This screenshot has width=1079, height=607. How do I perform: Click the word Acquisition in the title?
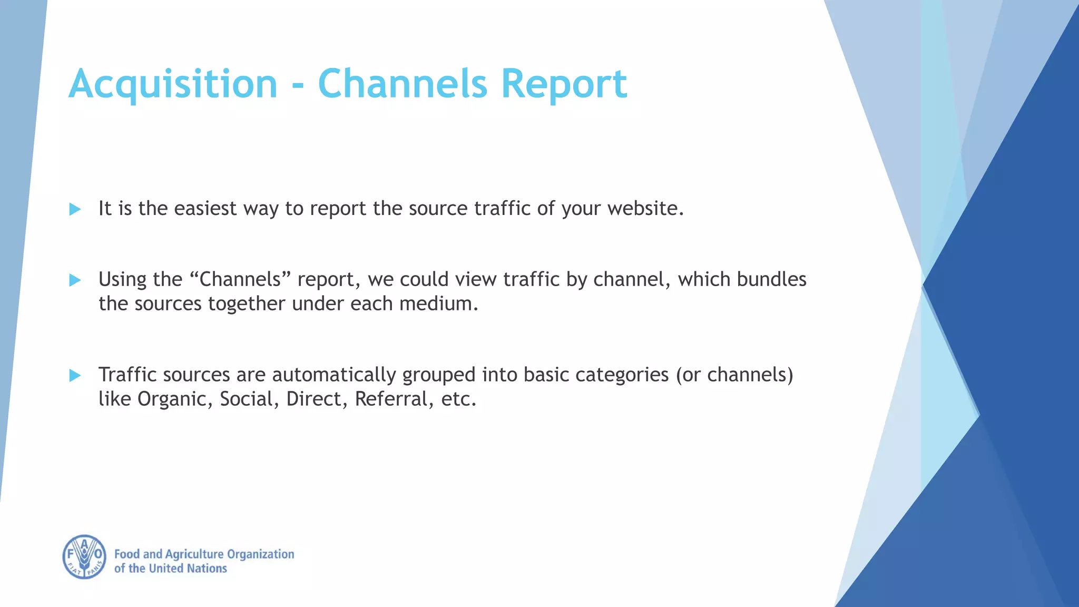point(173,84)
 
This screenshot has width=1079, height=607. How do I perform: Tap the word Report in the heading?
point(563,84)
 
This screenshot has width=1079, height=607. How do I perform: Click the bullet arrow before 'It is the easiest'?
point(75,209)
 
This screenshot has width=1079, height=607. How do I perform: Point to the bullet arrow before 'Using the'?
point(75,280)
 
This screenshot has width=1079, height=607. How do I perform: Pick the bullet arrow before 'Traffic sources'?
point(75,375)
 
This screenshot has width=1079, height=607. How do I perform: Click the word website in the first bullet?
point(645,209)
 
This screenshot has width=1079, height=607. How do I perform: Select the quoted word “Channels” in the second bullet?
point(240,279)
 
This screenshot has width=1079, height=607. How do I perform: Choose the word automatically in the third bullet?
point(334,375)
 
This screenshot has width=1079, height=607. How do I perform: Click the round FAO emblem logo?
point(84,557)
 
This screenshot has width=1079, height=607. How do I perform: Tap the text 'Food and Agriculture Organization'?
point(204,554)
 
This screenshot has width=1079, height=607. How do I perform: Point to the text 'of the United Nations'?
point(170,569)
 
